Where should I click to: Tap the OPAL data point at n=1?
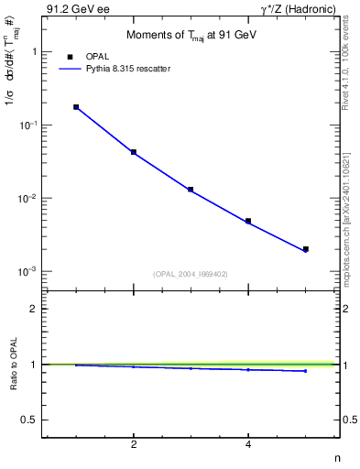pos(76,107)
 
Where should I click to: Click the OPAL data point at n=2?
pos(134,152)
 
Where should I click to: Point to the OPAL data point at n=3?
pos(191,190)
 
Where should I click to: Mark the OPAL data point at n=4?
pos(248,221)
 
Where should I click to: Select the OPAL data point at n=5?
pos(306,249)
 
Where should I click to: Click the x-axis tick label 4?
pos(248,445)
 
